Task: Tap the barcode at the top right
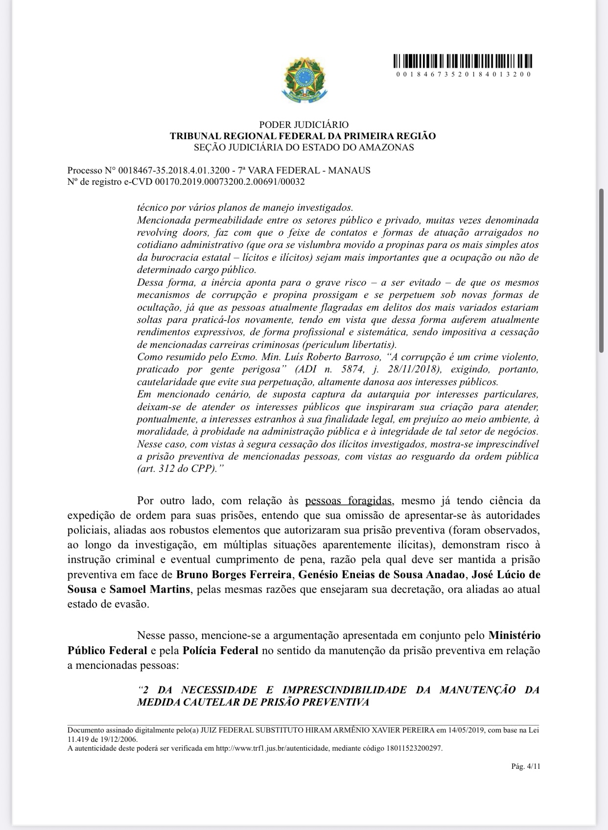click(x=463, y=61)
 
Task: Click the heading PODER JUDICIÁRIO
click(x=304, y=125)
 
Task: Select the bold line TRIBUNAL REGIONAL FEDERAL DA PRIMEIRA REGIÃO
click(x=303, y=136)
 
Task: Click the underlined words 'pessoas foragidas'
click(x=348, y=501)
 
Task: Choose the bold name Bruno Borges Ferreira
click(x=234, y=574)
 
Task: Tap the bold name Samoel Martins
click(x=150, y=589)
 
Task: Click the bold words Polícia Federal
click(x=220, y=651)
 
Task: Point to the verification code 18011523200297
click(x=414, y=748)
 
